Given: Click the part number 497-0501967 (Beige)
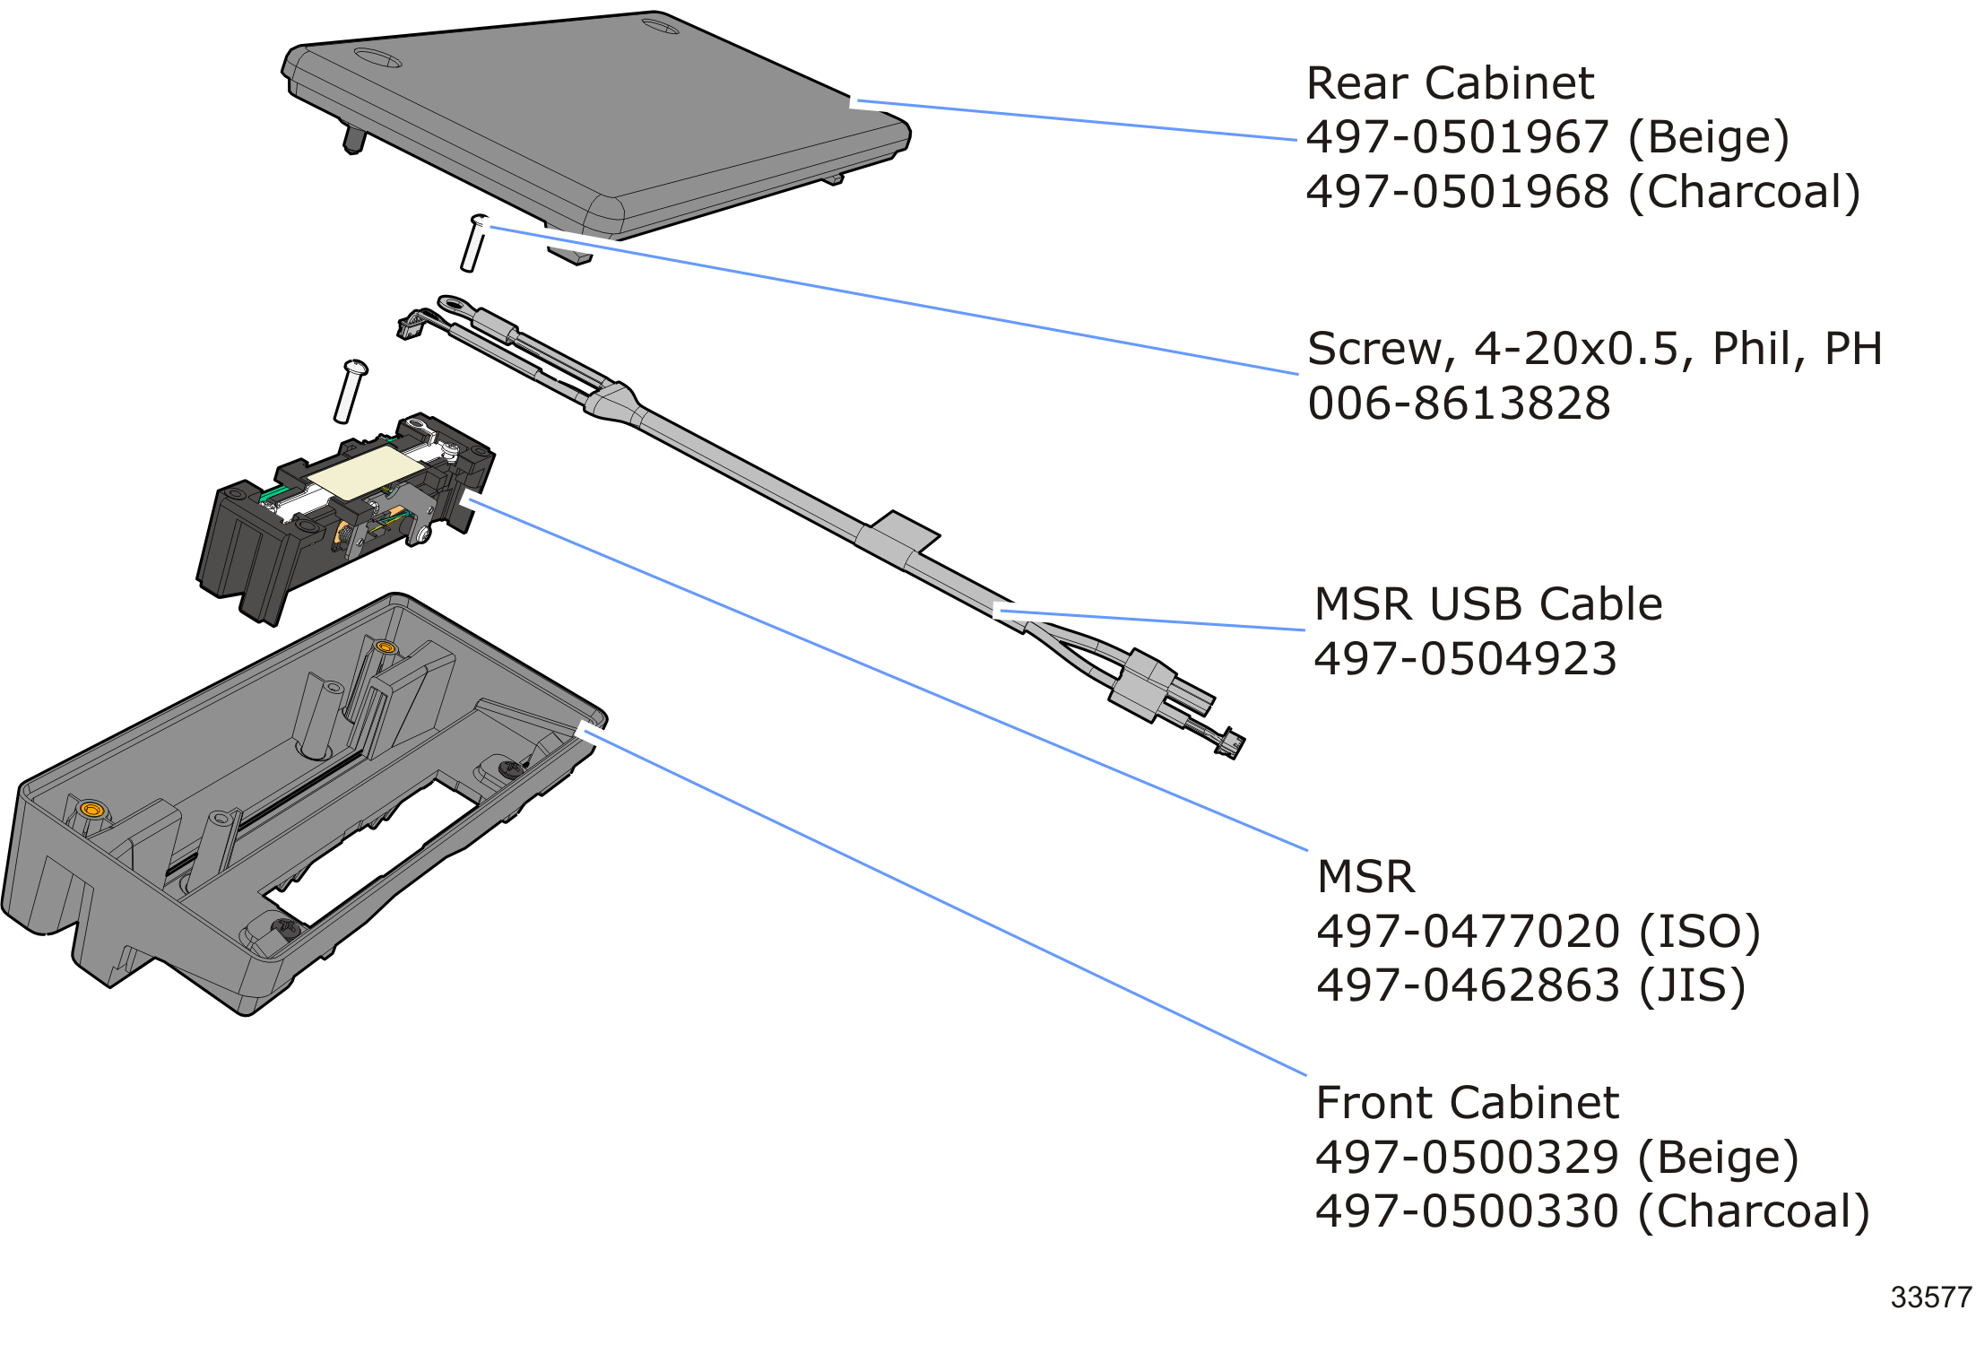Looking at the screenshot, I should tap(1547, 137).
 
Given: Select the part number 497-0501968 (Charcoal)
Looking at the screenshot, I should tap(1582, 192).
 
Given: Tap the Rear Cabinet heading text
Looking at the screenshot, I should tap(1450, 83).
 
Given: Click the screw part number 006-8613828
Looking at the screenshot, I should tap(1459, 404).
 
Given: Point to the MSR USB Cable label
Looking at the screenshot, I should tap(1487, 603).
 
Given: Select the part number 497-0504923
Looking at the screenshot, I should tap(1464, 659).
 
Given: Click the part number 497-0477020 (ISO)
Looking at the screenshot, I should tap(1538, 932).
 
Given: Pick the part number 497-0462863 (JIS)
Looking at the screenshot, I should tap(1530, 985).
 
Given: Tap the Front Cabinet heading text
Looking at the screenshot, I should tap(1467, 1102).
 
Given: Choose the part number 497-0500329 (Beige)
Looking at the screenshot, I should tap(1556, 1158).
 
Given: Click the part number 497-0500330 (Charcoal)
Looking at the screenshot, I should tap(1591, 1211).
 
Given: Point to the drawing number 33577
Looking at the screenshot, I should tap(1930, 1298).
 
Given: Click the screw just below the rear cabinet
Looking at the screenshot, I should tap(472, 245).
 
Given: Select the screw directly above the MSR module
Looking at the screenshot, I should tap(349, 392).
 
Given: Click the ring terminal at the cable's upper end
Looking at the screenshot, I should tap(452, 304).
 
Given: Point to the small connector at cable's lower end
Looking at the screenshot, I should tap(1230, 742).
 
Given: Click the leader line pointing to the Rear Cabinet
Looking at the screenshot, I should tap(1076, 121).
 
